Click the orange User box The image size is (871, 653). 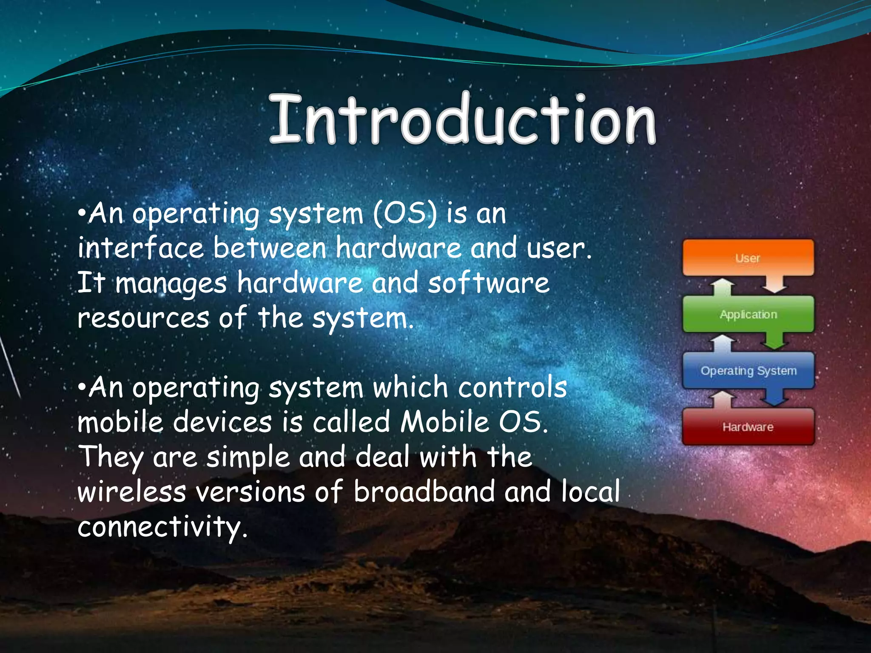(748, 258)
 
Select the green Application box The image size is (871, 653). (748, 314)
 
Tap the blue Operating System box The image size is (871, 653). (748, 370)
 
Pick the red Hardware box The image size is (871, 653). (748, 426)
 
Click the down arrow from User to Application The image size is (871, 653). (774, 285)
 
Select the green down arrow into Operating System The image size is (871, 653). (774, 341)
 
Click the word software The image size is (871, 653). (488, 283)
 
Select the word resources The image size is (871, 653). (143, 318)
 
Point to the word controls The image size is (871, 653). (512, 387)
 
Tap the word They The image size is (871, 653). (111, 457)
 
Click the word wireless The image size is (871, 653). (132, 491)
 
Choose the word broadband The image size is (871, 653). (424, 491)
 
